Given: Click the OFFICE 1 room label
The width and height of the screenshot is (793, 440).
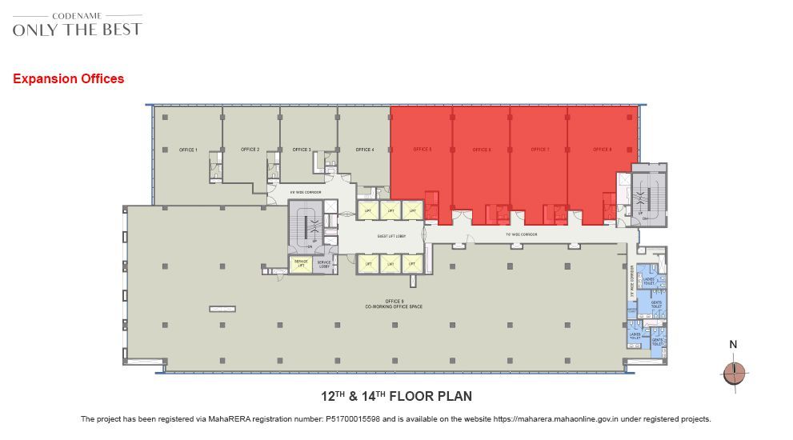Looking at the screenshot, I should (x=188, y=150).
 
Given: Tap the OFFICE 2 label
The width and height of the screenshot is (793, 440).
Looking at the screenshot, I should (x=250, y=150).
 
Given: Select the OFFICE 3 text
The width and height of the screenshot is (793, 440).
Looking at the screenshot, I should (x=302, y=150).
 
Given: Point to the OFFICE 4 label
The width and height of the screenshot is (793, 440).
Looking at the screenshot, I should (x=365, y=150).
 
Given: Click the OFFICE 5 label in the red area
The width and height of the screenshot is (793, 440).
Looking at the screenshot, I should (x=423, y=150).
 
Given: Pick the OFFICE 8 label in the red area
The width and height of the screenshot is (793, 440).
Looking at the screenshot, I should (x=603, y=150).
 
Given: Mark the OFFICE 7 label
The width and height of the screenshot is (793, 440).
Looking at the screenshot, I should (x=540, y=150).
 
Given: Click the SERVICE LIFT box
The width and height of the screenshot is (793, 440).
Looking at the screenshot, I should (x=300, y=266).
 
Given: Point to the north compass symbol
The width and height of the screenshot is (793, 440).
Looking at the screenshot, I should (x=733, y=373).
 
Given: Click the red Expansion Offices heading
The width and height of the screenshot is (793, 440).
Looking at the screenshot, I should (x=69, y=79).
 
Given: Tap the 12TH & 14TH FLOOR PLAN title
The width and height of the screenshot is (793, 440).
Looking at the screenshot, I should (x=396, y=396).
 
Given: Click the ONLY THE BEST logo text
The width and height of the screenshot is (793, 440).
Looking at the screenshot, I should (x=77, y=30).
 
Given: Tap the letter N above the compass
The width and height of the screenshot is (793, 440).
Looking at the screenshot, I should (x=733, y=345).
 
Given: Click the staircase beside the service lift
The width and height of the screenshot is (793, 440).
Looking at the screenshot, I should (x=310, y=228).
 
